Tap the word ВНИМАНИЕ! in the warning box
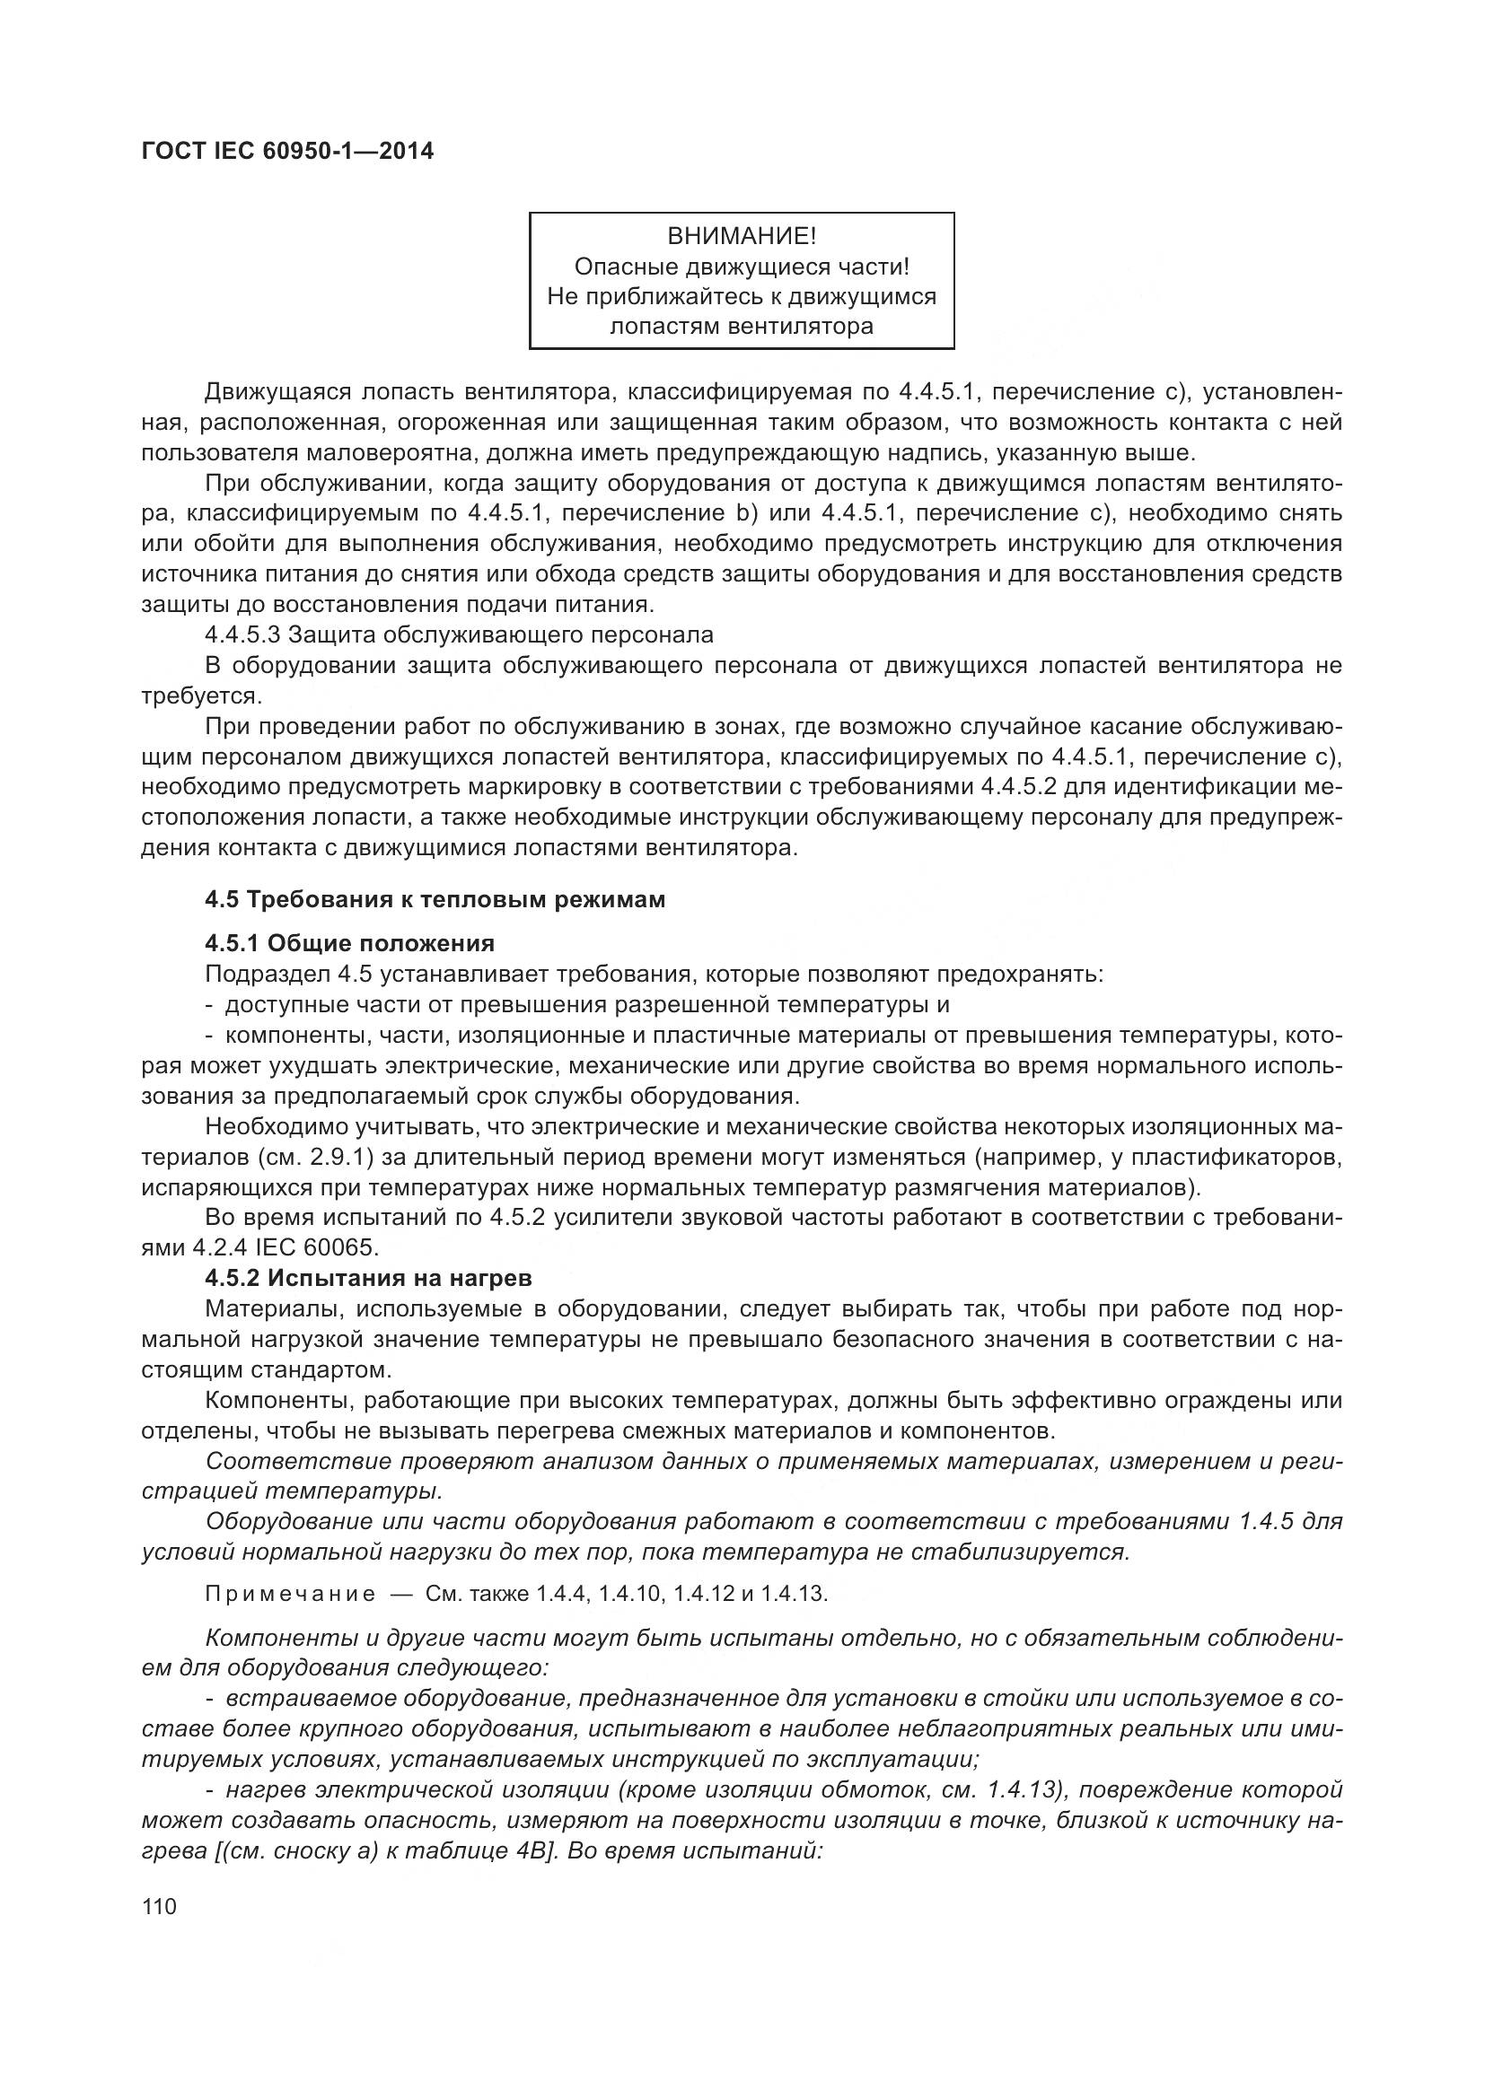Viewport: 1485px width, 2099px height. pos(742,237)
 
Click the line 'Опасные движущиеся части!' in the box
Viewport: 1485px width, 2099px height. pos(742,267)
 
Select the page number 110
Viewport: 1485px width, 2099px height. pos(159,1907)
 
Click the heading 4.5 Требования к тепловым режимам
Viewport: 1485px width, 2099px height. pos(435,899)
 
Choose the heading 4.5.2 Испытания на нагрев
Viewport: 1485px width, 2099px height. pos(368,1278)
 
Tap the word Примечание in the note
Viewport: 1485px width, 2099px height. pos(290,1595)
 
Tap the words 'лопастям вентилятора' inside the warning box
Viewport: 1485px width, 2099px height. pos(742,327)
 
